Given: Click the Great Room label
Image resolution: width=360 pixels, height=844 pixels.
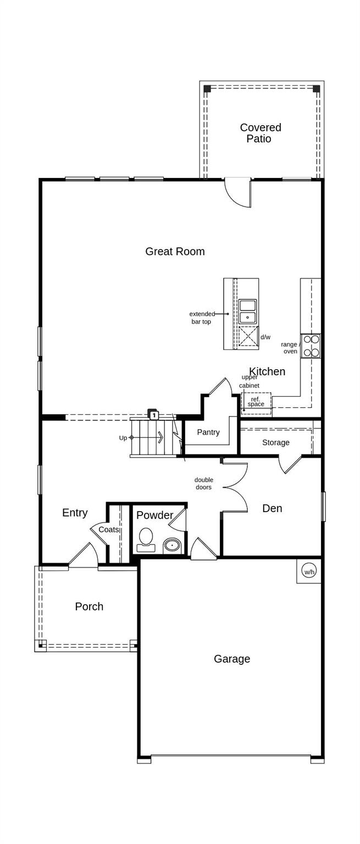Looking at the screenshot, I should pyautogui.click(x=175, y=252).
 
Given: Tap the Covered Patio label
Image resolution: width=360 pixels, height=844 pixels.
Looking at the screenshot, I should pyautogui.click(x=260, y=133).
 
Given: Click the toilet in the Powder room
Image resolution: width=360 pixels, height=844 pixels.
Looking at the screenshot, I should pyautogui.click(x=146, y=539).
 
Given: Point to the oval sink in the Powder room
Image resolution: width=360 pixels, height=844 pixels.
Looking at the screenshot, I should pyautogui.click(x=172, y=546).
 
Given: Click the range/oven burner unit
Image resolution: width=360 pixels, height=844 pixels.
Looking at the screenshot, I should pyautogui.click(x=311, y=346).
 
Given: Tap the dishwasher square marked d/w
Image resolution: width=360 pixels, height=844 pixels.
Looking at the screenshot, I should pyautogui.click(x=248, y=336).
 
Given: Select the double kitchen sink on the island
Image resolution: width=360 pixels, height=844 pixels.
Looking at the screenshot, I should pyautogui.click(x=247, y=312).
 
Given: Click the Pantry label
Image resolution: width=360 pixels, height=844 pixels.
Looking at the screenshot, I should pyautogui.click(x=208, y=432).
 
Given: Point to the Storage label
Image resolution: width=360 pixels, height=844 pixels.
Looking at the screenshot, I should pyautogui.click(x=275, y=443).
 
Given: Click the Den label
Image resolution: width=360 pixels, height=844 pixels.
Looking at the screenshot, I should pyautogui.click(x=272, y=509).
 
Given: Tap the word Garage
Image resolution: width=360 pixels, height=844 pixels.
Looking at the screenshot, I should pyautogui.click(x=232, y=659).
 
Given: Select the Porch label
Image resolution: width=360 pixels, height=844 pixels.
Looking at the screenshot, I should pyautogui.click(x=89, y=607).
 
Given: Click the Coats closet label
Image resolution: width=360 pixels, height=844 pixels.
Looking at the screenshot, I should pyautogui.click(x=109, y=530).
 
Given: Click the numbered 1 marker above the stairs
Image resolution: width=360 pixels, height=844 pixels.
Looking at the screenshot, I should pyautogui.click(x=154, y=415).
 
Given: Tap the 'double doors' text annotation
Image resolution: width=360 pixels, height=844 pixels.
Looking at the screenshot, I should pyautogui.click(x=204, y=484).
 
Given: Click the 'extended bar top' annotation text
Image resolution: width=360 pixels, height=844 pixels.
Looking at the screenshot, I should pyautogui.click(x=202, y=318).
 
